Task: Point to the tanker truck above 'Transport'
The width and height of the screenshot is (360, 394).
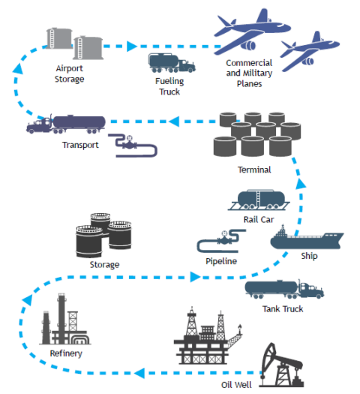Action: (x=67, y=123)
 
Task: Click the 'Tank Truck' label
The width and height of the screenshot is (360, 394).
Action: (x=283, y=308)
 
